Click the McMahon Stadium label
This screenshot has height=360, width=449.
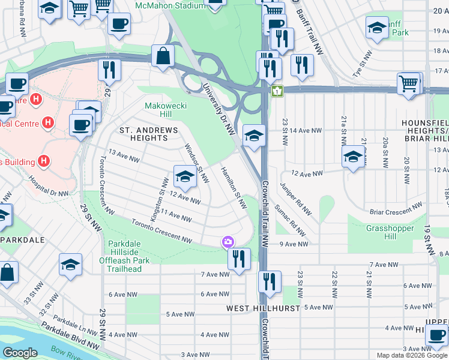point(170,6)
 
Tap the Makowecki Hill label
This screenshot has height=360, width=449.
point(158,110)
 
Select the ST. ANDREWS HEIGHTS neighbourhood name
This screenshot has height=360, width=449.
point(148,134)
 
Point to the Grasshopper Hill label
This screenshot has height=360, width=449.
point(390,232)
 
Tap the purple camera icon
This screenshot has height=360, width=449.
point(228,242)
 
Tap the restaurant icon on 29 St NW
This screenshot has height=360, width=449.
point(109,69)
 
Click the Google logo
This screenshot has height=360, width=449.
point(20,353)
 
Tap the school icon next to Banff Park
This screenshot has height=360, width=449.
point(377,28)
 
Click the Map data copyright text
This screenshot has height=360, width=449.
point(412,355)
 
